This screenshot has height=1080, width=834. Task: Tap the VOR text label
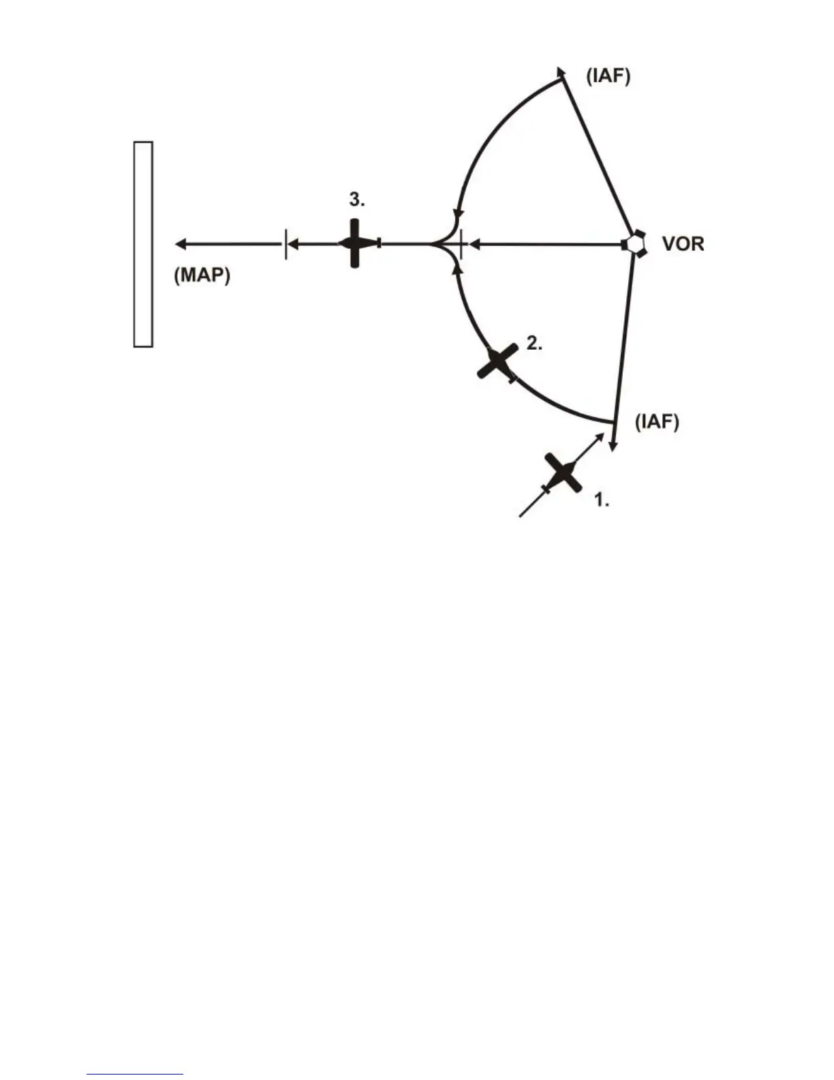pyautogui.click(x=683, y=243)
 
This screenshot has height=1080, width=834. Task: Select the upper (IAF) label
pyautogui.click(x=608, y=76)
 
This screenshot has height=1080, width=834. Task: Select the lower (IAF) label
pyautogui.click(x=657, y=422)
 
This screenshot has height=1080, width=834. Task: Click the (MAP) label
pyautogui.click(x=202, y=275)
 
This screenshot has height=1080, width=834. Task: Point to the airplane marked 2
pyautogui.click(x=499, y=361)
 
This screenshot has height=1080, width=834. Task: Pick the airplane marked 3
pyautogui.click(x=355, y=243)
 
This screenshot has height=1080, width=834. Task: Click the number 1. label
pyautogui.click(x=602, y=500)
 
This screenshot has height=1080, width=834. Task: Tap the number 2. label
pyautogui.click(x=534, y=344)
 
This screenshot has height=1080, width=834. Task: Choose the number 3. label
pyautogui.click(x=357, y=200)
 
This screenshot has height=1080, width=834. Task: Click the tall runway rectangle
pyautogui.click(x=142, y=244)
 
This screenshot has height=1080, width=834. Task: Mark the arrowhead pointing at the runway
pyautogui.click(x=181, y=244)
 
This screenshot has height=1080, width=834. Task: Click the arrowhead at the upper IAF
pyautogui.click(x=561, y=72)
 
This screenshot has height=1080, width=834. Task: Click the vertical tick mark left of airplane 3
pyautogui.click(x=285, y=244)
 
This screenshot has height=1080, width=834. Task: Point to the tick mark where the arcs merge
pyautogui.click(x=461, y=244)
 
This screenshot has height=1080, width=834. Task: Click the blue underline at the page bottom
pyautogui.click(x=135, y=1075)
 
